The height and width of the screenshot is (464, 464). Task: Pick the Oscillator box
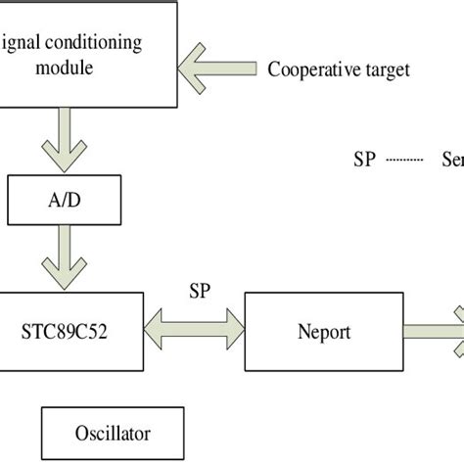coord(113,432)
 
